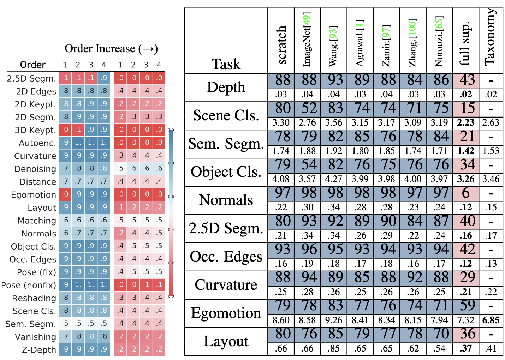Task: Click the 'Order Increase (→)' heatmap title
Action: [x=111, y=49]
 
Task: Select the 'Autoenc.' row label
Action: [x=37, y=143]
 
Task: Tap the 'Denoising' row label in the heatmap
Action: [x=35, y=169]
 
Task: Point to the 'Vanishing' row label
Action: [x=35, y=337]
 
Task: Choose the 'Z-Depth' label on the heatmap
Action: [x=39, y=350]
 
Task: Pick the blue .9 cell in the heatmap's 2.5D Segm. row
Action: [x=104, y=78]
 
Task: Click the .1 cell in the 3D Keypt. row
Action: [x=78, y=130]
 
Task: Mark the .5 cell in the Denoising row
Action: [x=120, y=169]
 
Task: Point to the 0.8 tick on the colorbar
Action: [x=171, y=163]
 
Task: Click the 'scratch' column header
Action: [x=281, y=45]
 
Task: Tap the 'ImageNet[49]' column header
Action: [x=307, y=40]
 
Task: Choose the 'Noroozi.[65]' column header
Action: [x=439, y=41]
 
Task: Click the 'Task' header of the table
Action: [x=226, y=64]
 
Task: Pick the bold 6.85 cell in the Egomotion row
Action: [x=491, y=320]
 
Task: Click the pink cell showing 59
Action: [x=466, y=306]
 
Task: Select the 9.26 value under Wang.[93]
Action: [x=334, y=320]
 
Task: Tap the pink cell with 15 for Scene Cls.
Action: [x=466, y=108]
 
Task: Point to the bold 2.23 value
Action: [x=466, y=122]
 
